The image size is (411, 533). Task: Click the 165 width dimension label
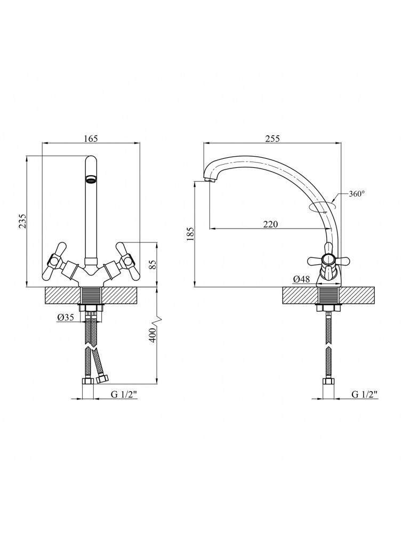click(x=91, y=139)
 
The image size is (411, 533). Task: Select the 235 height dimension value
click(x=22, y=221)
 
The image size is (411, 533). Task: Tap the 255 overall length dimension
click(x=272, y=139)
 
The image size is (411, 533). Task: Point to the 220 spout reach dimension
click(x=271, y=224)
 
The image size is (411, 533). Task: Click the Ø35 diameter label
click(x=66, y=317)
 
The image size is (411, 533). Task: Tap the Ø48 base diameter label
click(x=301, y=279)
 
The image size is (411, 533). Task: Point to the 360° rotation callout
click(x=357, y=194)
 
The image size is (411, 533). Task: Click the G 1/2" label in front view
click(x=124, y=394)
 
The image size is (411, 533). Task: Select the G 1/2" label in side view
click(x=365, y=394)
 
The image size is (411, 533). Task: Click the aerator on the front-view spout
click(x=91, y=180)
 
